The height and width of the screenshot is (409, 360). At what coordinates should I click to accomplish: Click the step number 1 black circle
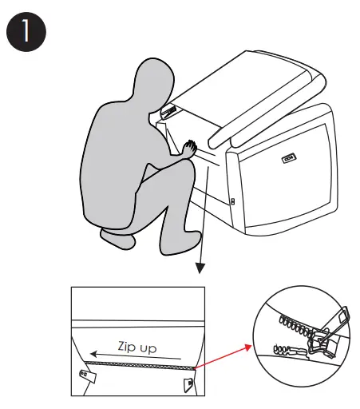[x=26, y=32]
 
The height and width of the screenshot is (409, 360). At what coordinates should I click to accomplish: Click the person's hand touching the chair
[x=190, y=149]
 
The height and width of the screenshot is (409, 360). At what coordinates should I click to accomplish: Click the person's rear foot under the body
[x=117, y=238]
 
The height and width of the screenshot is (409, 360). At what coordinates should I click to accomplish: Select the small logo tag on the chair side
[x=289, y=158]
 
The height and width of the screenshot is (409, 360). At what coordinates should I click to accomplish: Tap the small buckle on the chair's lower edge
[x=233, y=201]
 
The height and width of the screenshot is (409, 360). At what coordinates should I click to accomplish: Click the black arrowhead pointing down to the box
[x=200, y=268]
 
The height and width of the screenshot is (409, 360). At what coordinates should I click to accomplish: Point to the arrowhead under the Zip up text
[x=93, y=354]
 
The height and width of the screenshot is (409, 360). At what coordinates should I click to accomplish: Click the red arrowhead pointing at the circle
[x=248, y=347]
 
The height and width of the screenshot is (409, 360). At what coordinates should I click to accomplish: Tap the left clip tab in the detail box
[x=88, y=376]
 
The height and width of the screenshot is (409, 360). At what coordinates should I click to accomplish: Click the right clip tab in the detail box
[x=188, y=384]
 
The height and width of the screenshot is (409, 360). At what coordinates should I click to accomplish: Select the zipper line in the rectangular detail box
[x=140, y=365]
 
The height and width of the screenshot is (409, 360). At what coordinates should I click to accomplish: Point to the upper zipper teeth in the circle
[x=295, y=326]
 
